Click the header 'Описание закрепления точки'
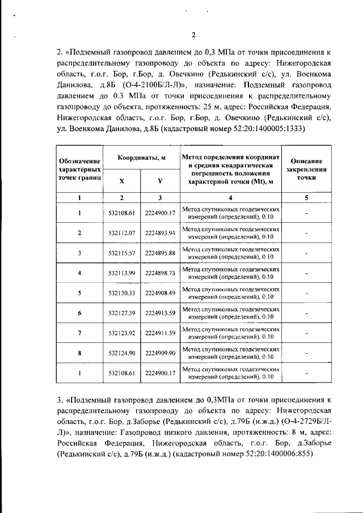click(x=306, y=169)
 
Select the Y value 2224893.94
click(x=160, y=233)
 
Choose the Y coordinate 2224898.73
click(x=160, y=273)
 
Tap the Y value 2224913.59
click(x=160, y=313)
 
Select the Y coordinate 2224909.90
click(x=160, y=353)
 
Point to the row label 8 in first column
click(x=79, y=353)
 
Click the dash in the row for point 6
click(x=306, y=313)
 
